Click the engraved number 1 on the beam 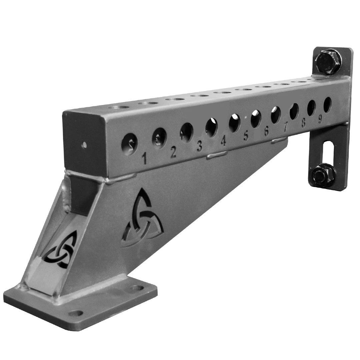tap(144, 158)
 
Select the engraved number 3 tap(200, 146)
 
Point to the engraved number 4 tap(223, 141)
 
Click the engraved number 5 tap(246, 136)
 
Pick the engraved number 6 tap(266, 131)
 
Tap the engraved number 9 tap(320, 119)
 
